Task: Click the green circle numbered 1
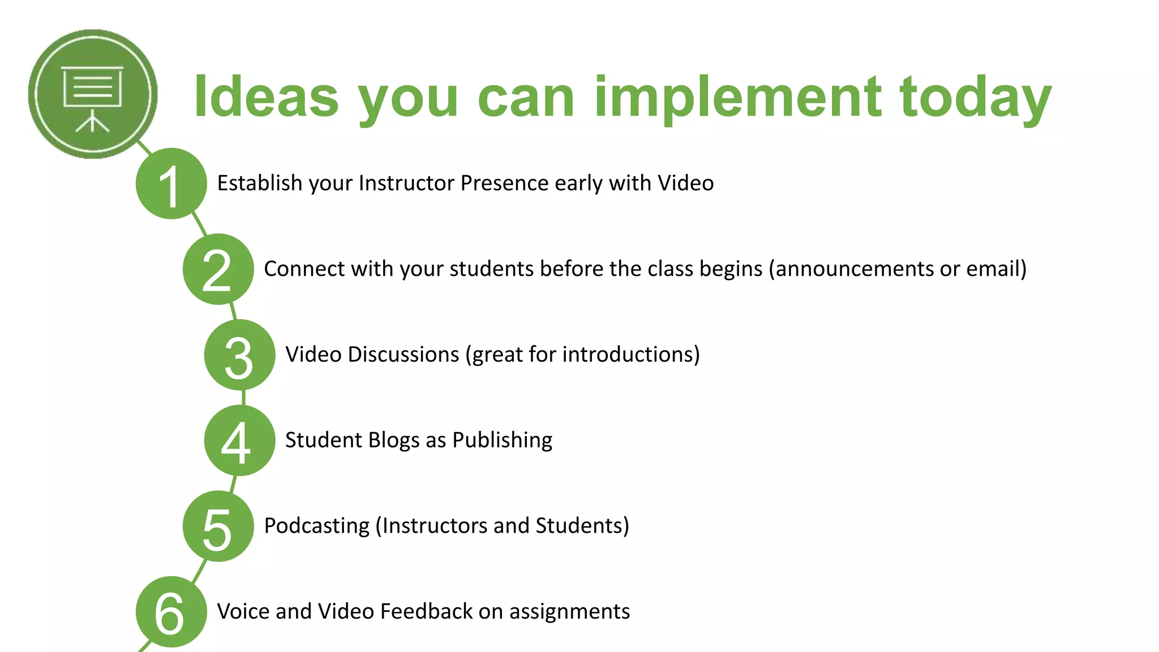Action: [x=171, y=183]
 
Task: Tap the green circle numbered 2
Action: [x=218, y=269]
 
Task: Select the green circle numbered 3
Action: [x=239, y=355]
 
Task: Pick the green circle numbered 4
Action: [x=239, y=440]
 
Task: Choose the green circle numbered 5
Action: [x=218, y=526]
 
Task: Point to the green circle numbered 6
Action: [x=171, y=612]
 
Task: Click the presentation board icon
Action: [x=92, y=94]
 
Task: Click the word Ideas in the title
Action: [x=266, y=97]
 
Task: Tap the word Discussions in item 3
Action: [x=403, y=355]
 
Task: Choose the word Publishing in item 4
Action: [x=502, y=440]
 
